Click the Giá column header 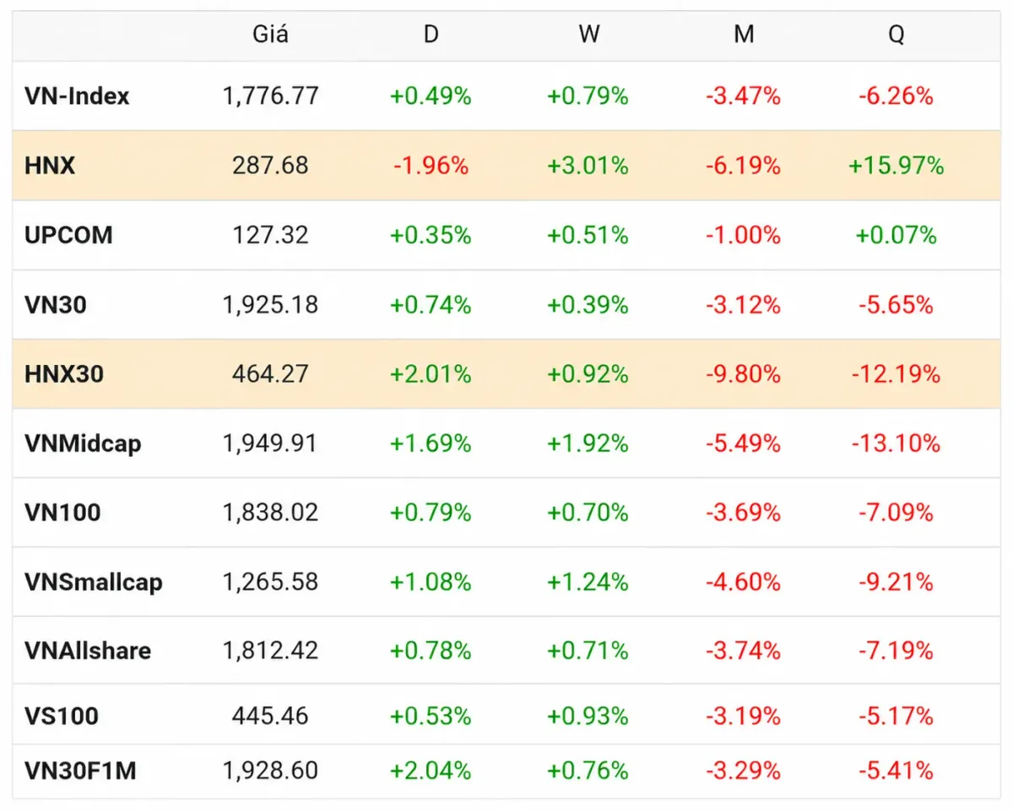point(270,34)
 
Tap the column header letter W point(589,34)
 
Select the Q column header point(896,35)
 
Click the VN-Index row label point(77,96)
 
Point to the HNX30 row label point(64,374)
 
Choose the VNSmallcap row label point(94,582)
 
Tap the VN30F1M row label point(80,771)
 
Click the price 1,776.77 point(270,96)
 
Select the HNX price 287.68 point(270,166)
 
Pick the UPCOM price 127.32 point(270,235)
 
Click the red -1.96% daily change point(431,166)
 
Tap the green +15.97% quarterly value point(896,166)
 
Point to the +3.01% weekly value point(588,166)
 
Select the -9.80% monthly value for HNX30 point(743,374)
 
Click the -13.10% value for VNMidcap point(896,444)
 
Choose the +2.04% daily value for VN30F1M point(431,771)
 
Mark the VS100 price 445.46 point(270,716)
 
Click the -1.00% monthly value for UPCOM point(743,235)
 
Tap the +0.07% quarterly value point(896,235)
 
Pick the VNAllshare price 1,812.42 point(270,650)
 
